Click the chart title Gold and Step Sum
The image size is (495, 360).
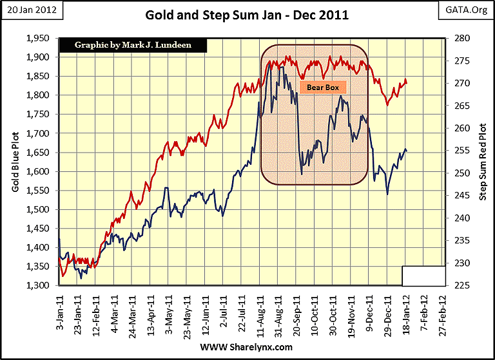tap(247, 14)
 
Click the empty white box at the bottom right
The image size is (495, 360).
tap(423, 276)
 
